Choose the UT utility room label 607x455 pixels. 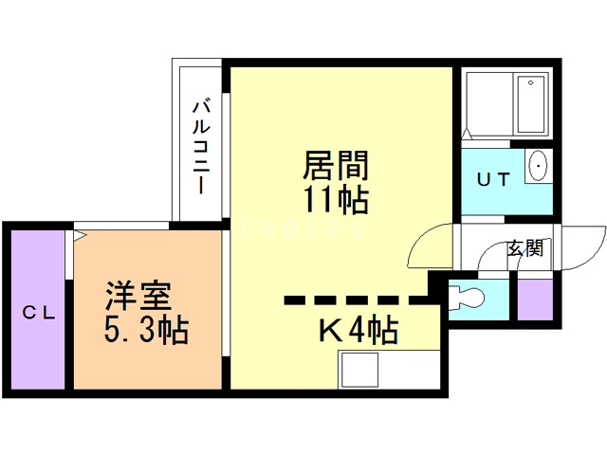(492, 178)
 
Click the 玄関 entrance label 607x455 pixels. (524, 248)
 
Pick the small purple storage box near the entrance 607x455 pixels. (532, 300)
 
